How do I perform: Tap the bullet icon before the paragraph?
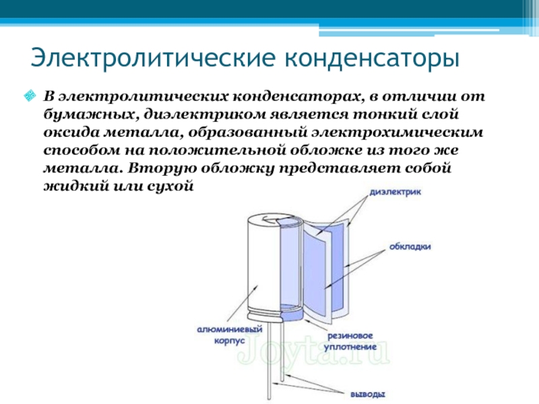(30, 96)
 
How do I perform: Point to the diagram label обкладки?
(409, 246)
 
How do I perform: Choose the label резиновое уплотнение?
(350, 341)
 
